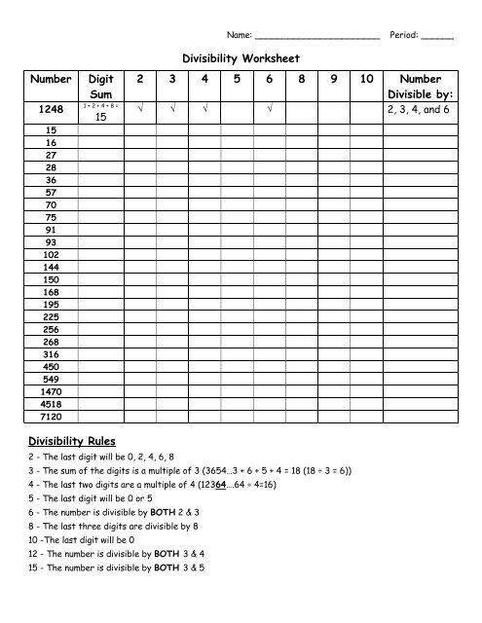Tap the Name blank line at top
coord(317,35)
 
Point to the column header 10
coord(366,79)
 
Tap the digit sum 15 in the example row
coord(100,117)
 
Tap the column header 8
coord(300,79)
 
